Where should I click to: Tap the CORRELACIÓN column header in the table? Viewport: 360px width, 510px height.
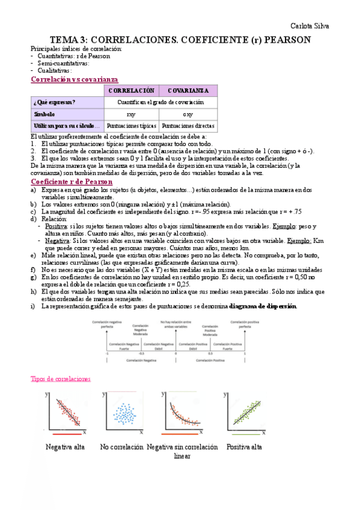coord(131,90)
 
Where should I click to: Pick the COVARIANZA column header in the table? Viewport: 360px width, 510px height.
coord(188,90)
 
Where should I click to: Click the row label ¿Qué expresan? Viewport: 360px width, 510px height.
coord(55,102)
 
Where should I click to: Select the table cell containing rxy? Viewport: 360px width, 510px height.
coord(131,114)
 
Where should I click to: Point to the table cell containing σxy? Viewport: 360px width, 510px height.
coord(188,114)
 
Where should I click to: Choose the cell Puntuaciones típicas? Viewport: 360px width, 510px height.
coord(131,126)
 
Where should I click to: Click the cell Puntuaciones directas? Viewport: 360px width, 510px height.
coord(188,126)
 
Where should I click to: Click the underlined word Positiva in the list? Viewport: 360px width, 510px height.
coord(56,226)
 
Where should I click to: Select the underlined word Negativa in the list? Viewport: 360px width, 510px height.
coord(58,241)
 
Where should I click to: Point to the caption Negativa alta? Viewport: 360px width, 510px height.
coord(65,447)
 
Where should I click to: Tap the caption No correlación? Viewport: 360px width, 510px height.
coord(122,447)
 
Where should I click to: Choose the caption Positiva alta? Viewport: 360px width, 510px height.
coord(244,447)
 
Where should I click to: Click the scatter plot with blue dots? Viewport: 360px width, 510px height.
coord(123,414)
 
